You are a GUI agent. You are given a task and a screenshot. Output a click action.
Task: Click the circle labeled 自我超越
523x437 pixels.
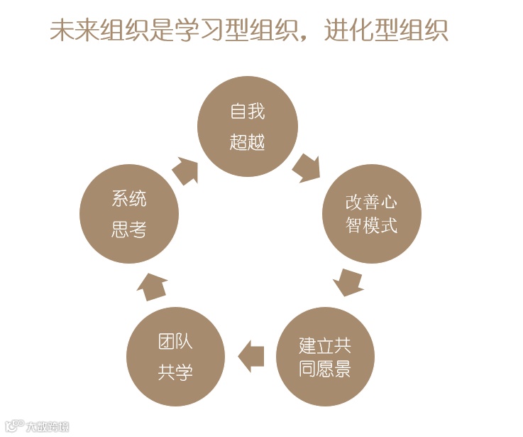click(x=247, y=126)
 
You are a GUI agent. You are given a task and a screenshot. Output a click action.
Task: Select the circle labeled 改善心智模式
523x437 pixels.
click(x=372, y=214)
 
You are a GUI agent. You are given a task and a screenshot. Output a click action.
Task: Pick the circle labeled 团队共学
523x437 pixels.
click(x=175, y=357)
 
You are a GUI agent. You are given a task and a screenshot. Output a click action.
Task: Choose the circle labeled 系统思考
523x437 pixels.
click(x=128, y=214)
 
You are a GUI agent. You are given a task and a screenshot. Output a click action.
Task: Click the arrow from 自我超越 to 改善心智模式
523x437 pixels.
click(x=307, y=168)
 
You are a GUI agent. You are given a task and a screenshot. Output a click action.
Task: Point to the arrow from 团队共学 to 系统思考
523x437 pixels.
click(x=151, y=285)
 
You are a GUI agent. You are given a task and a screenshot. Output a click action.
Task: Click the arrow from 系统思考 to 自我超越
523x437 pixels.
click(x=186, y=171)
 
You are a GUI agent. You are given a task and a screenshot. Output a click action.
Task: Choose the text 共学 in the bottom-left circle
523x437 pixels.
click(x=175, y=372)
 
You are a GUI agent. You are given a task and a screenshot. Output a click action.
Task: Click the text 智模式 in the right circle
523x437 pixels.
click(x=372, y=225)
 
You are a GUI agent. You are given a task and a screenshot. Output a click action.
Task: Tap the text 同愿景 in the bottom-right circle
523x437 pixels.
click(x=325, y=369)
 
